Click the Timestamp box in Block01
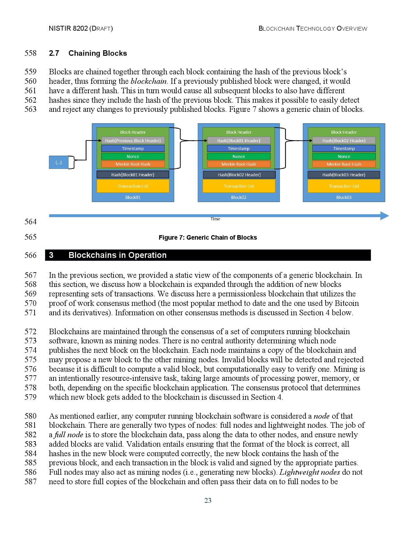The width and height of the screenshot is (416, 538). [133, 148]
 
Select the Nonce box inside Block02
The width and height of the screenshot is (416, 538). [239, 157]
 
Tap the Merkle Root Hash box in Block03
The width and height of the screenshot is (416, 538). [344, 164]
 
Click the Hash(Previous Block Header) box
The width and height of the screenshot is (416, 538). [133, 141]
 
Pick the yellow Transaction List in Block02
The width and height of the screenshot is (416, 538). [239, 186]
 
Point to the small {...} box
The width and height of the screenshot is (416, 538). [58, 162]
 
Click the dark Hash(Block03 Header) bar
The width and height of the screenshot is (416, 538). [344, 175]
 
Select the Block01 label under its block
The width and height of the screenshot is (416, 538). [133, 197]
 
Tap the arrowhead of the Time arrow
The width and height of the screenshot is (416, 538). [385, 216]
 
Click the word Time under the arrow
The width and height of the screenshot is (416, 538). [215, 219]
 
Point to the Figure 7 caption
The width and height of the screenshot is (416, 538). [208, 238]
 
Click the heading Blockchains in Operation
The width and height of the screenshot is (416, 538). [117, 255]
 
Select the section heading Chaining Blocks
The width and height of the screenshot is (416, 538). [98, 53]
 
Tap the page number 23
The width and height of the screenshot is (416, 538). [208, 501]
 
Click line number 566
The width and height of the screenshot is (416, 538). [31, 255]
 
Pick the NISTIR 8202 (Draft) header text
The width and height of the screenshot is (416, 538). [81, 28]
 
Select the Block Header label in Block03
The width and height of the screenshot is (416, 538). [344, 132]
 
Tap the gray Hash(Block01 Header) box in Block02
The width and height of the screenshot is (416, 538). [239, 141]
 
